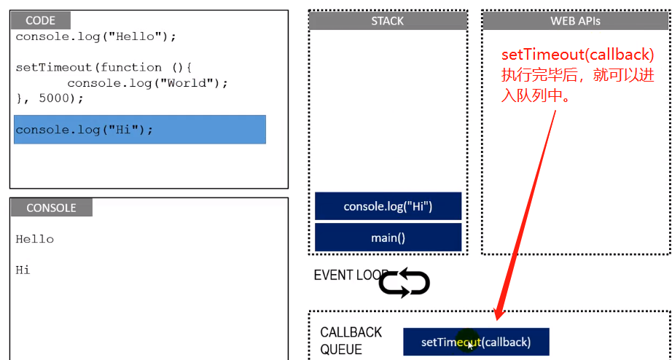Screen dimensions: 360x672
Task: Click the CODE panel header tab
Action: (41, 21)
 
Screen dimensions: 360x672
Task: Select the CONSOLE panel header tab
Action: (51, 208)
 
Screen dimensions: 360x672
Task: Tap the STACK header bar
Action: (388, 21)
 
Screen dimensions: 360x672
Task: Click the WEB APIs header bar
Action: (575, 21)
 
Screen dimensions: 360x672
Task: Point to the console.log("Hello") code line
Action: (95, 36)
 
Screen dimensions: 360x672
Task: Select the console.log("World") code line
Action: (147, 83)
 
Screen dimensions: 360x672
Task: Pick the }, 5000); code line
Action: (50, 98)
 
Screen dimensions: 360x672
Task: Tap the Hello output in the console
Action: (35, 239)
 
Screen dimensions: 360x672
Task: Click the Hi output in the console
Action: (23, 270)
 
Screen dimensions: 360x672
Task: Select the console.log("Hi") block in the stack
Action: (388, 206)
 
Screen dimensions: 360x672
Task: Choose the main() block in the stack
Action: (388, 238)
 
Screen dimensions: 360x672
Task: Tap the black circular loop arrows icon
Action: (405, 283)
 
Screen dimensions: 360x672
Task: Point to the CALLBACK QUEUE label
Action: (351, 340)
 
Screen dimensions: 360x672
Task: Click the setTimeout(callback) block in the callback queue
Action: (476, 342)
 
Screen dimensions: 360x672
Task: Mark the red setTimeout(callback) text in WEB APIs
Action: (577, 55)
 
